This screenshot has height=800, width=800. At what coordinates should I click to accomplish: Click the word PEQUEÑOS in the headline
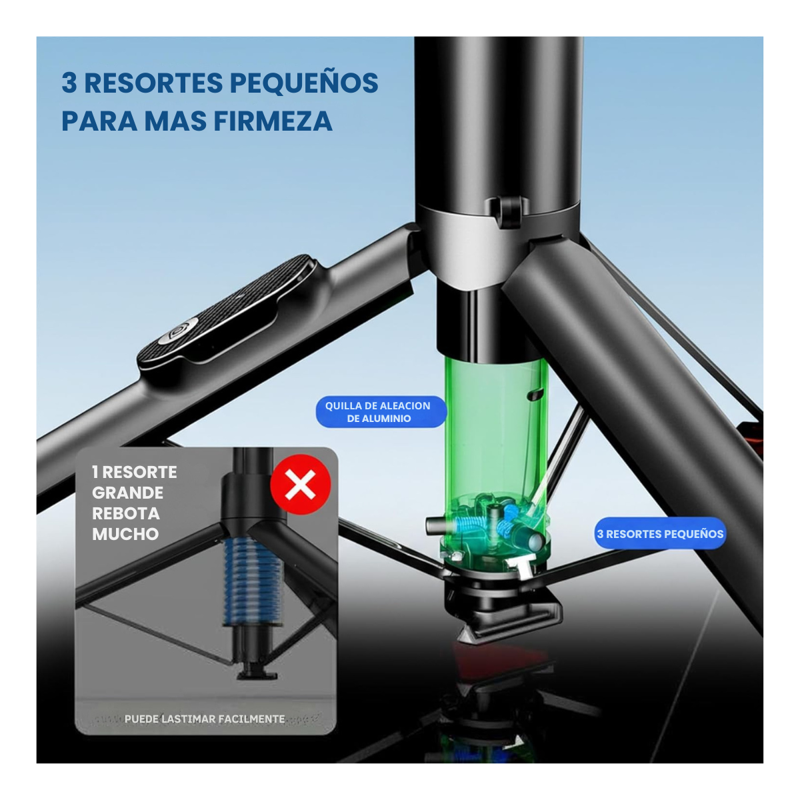pos(304,83)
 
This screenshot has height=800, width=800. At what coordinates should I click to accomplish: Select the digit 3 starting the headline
pos(69,83)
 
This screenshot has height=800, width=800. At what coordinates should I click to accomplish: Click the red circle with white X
pos(300,485)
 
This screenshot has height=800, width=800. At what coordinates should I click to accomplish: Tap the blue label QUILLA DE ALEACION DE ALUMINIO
pos(381,412)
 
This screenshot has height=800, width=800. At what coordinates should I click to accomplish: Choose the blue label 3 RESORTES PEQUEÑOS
pos(660,533)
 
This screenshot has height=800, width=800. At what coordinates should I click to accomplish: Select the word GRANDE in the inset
pos(127,493)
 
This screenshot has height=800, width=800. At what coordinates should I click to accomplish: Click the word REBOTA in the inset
pos(126,513)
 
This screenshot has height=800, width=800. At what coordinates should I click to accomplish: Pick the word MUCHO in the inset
pos(125,534)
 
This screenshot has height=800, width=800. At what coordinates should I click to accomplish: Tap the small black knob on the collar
pos(508,209)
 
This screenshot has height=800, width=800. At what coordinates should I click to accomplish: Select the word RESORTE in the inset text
pos(139,472)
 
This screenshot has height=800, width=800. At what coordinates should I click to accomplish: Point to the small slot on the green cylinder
pos(535,395)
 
